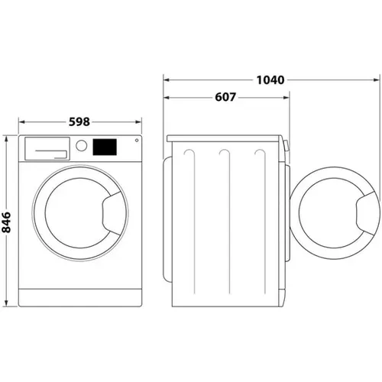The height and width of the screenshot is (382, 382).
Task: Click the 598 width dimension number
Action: [x=79, y=121]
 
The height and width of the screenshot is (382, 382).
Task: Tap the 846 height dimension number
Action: [x=8, y=221]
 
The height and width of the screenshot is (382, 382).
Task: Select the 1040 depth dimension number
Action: [x=271, y=79]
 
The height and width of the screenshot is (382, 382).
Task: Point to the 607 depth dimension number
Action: [x=225, y=98]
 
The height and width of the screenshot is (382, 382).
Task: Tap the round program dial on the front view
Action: [x=81, y=146]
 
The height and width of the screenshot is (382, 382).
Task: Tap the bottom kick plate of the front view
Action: [x=80, y=296]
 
